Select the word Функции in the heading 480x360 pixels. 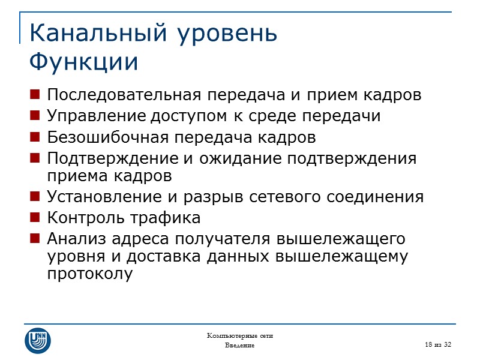pyautogui.click(x=83, y=62)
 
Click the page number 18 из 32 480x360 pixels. pyautogui.click(x=438, y=343)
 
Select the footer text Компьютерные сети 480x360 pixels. pyautogui.click(x=240, y=335)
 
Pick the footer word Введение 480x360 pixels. pyautogui.click(x=239, y=346)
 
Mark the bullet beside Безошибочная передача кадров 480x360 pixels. pyautogui.click(x=35, y=137)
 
